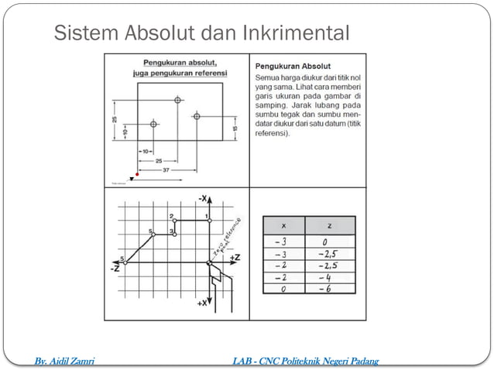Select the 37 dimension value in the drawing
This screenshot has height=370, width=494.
pyautogui.click(x=166, y=169)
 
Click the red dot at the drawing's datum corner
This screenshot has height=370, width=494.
pyautogui.click(x=137, y=175)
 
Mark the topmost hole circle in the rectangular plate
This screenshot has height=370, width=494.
pyautogui.click(x=178, y=100)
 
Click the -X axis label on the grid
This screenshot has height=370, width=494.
pyautogui.click(x=203, y=199)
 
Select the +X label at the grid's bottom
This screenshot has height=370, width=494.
pyautogui.click(x=201, y=303)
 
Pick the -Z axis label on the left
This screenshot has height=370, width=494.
pyautogui.click(x=115, y=268)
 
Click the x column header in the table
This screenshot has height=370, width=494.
pyautogui.click(x=283, y=225)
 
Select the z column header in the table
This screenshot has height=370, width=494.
pyautogui.click(x=330, y=225)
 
